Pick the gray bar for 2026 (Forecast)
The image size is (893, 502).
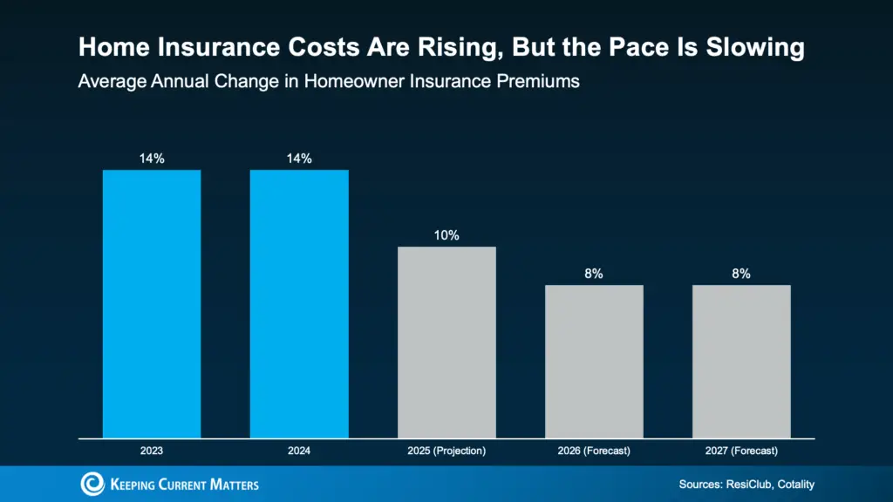click(594, 361)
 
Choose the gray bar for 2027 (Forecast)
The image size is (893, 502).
click(741, 361)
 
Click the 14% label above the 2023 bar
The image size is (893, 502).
click(152, 159)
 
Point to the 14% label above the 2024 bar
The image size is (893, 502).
click(299, 159)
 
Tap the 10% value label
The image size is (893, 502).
click(446, 235)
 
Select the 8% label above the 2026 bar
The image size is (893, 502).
click(594, 274)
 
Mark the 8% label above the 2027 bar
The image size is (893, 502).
click(741, 274)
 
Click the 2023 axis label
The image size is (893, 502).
click(152, 451)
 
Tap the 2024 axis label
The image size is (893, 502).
click(299, 451)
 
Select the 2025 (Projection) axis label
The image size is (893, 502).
click(446, 451)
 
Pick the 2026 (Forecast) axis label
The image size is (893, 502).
click(594, 451)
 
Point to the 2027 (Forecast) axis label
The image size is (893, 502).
click(741, 451)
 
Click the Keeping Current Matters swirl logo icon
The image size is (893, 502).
click(92, 484)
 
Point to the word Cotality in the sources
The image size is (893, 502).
click(790, 484)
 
